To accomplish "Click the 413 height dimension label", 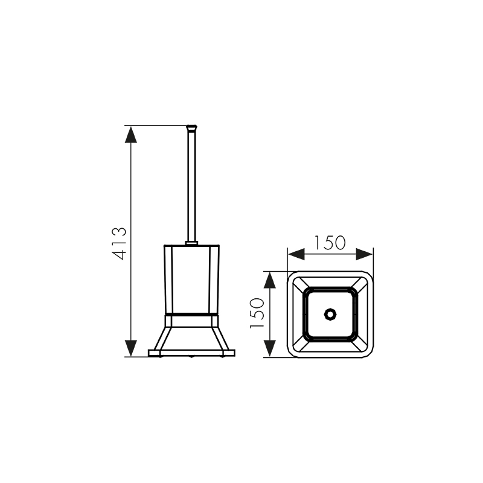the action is pos(120,244).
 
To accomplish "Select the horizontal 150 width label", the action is pos(330,243).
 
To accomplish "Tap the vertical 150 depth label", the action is pos(257,313).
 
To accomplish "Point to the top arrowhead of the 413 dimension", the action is pos(131,134).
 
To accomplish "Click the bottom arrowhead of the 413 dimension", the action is pos(131,348).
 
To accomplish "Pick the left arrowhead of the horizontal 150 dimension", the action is pos(296,254).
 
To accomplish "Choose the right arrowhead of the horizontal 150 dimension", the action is pos(365,254).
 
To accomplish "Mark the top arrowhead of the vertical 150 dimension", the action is pos(270,280).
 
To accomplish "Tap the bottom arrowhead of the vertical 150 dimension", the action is pos(270,348).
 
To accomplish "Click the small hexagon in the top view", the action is pos(329,315).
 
